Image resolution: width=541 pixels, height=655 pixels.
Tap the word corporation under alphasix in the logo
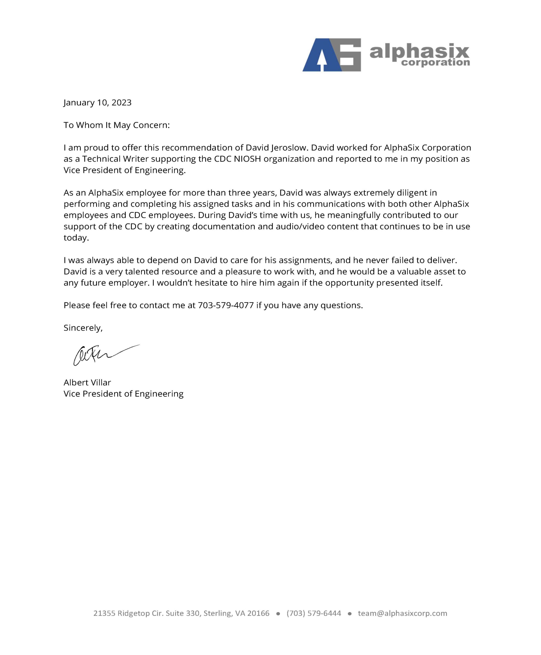point(435,62)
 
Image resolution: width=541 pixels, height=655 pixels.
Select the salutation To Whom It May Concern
point(116,125)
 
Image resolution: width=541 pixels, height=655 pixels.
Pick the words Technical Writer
point(115,159)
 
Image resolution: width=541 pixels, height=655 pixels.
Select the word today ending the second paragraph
point(76,238)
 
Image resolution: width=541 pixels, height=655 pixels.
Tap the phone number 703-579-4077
point(226,305)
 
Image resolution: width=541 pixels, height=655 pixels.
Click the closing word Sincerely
point(83,328)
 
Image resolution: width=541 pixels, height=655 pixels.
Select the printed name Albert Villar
point(87,383)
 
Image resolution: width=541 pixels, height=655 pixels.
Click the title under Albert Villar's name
point(123,394)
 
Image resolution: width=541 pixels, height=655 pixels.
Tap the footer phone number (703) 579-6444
point(314,613)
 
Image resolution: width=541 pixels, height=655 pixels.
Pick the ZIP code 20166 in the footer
point(258,613)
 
